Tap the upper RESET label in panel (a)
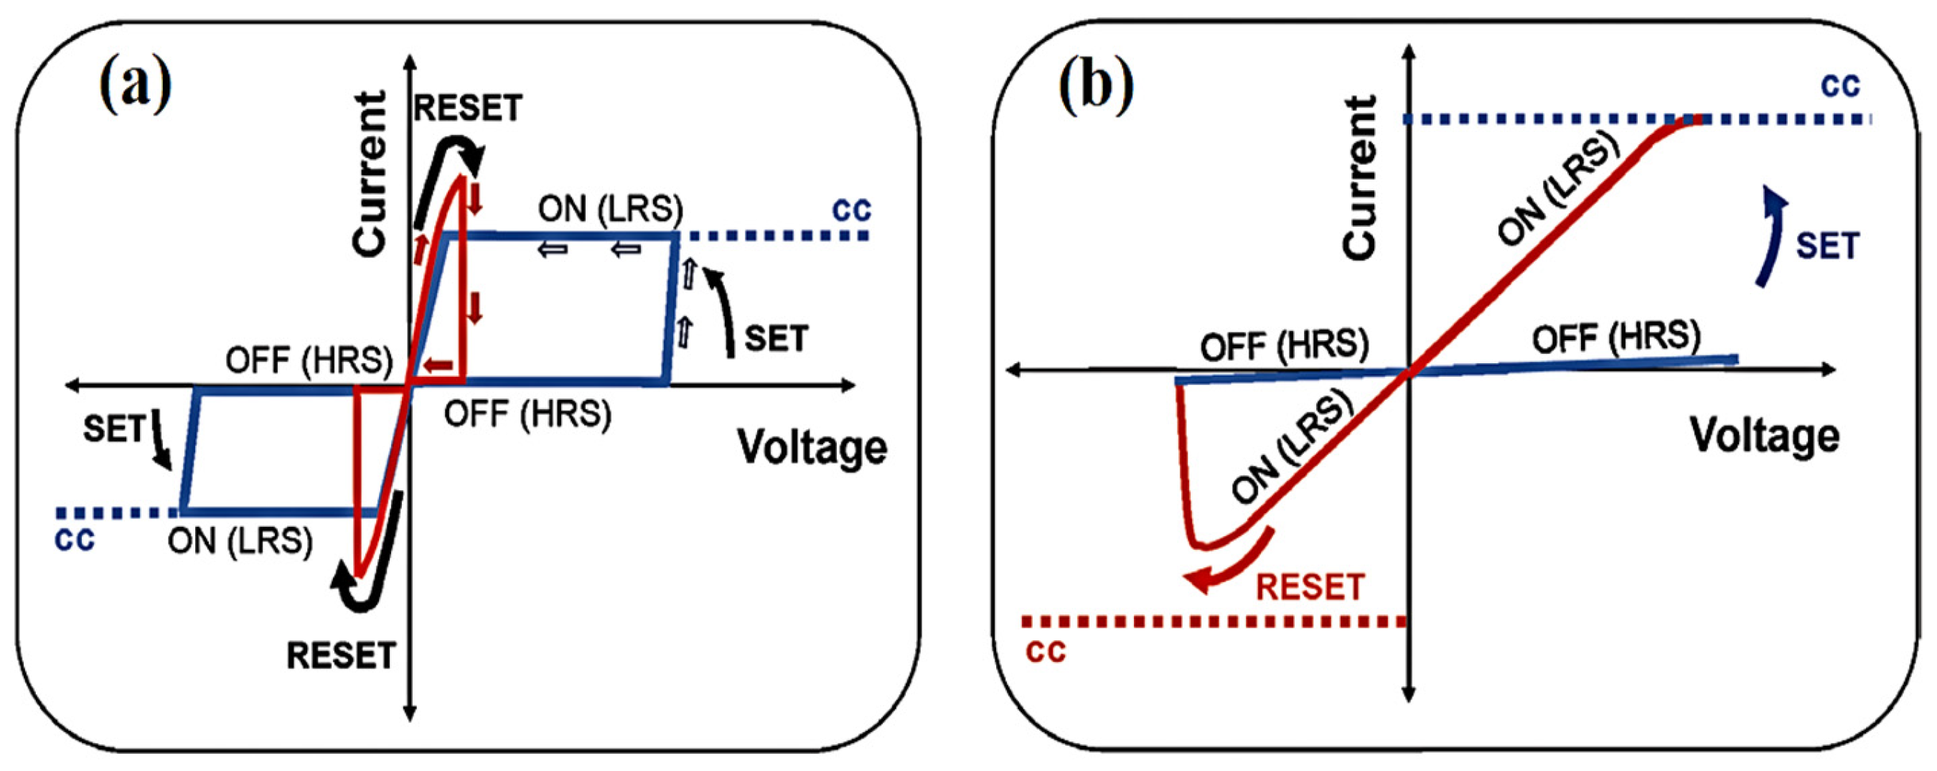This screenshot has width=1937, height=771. point(468,108)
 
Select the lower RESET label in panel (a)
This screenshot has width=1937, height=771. point(341,656)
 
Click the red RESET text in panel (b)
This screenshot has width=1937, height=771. point(1310,587)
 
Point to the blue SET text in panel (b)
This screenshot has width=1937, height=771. point(1827,247)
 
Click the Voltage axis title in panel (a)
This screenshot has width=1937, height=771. point(812,447)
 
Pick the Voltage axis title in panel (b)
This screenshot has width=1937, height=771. point(1764,436)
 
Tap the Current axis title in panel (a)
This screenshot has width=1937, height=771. point(370,174)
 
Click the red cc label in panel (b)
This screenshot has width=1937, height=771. point(1046,651)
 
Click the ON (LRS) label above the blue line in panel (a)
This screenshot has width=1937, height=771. point(611,208)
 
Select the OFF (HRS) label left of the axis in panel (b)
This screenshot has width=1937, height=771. point(1285,346)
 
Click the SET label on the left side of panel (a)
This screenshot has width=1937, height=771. point(114,429)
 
